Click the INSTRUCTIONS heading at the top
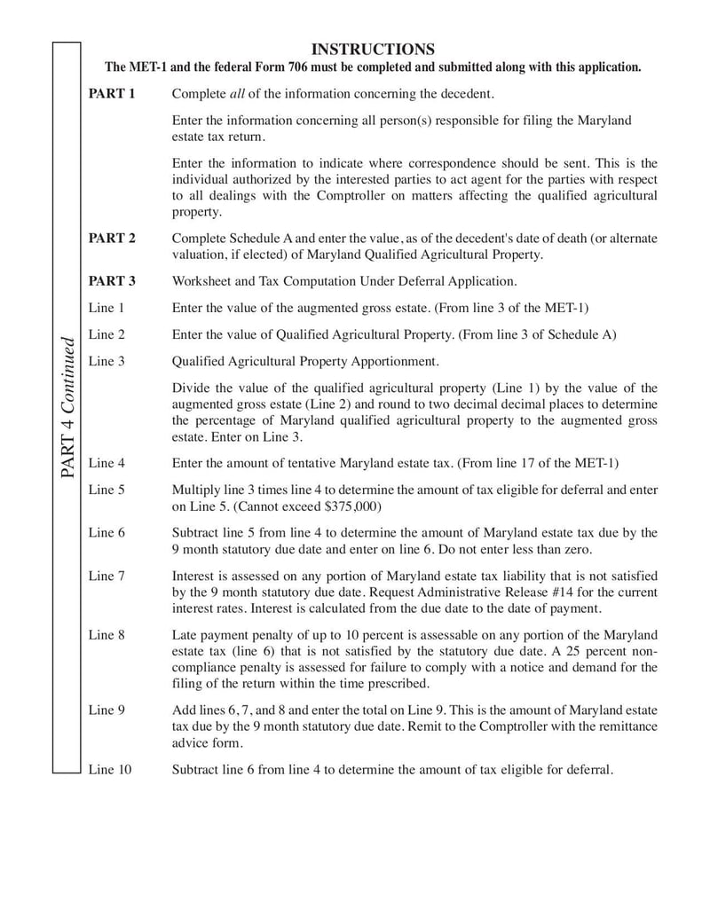pos(374,49)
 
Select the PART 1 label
pos(112,94)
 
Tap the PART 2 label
pos(112,238)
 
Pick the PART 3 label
pos(112,281)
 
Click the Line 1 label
pos(106,308)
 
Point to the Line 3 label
pos(106,361)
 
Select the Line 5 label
pos(106,489)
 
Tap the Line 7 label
pos(106,576)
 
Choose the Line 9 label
pos(106,710)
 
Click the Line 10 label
pos(110,769)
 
